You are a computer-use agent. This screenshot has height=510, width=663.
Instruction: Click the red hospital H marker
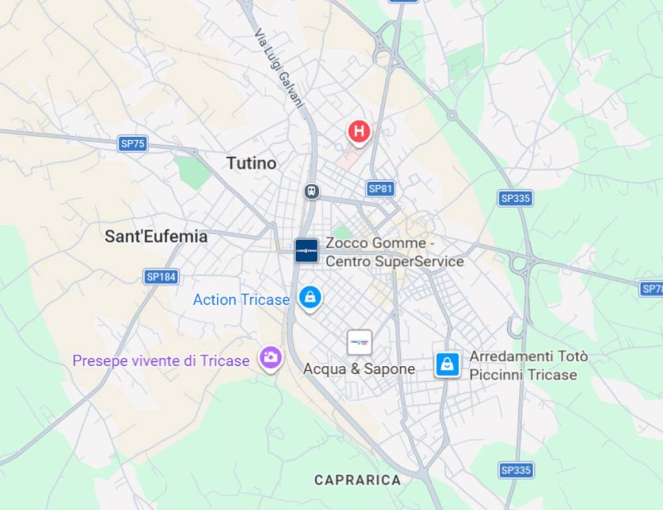click(x=359, y=131)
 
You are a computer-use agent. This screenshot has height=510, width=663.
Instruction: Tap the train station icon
click(x=312, y=192)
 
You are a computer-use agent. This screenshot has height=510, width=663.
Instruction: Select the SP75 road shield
click(x=133, y=143)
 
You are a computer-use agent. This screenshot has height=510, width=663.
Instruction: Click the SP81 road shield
click(x=380, y=189)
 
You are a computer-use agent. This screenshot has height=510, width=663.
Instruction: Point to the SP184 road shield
click(x=161, y=277)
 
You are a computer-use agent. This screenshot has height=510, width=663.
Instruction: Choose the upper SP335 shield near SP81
click(x=516, y=198)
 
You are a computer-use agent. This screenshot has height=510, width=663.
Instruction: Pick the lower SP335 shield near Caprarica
click(x=516, y=470)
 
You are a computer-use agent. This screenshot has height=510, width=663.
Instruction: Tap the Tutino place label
click(x=251, y=163)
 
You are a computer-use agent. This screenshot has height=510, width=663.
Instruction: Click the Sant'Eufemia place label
click(x=156, y=236)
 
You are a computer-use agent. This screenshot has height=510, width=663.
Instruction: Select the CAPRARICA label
click(x=358, y=479)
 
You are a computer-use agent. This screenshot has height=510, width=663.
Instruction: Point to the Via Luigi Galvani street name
click(x=279, y=69)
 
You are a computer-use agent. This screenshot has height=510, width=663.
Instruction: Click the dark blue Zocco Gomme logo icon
click(x=307, y=250)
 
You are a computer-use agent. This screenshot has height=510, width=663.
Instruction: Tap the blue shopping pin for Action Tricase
click(x=310, y=297)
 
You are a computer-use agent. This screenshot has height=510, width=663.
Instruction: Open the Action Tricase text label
click(x=241, y=299)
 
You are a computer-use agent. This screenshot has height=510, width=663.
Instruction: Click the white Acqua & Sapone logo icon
click(x=359, y=343)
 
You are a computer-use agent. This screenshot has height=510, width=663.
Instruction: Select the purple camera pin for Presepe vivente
click(x=270, y=358)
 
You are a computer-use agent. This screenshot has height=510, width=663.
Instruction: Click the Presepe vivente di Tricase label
click(x=161, y=361)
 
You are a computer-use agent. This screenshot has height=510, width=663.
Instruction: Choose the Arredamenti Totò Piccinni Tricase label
click(x=528, y=365)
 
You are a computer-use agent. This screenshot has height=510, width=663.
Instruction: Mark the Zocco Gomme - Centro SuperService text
click(x=394, y=252)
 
